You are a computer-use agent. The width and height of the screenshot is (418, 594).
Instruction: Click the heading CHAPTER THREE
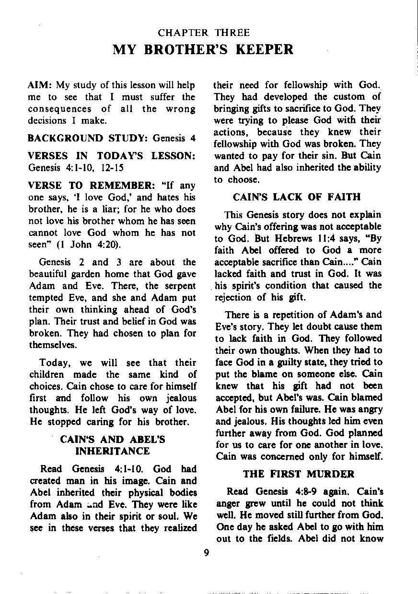[204, 33]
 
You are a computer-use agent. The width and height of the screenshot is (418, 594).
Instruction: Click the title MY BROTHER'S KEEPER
[203, 49]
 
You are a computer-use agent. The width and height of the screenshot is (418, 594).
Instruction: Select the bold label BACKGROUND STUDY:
[89, 139]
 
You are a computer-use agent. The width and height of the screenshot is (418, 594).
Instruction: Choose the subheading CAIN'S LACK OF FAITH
[296, 197]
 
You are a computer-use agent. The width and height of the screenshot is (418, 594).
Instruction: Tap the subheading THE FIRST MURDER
[299, 474]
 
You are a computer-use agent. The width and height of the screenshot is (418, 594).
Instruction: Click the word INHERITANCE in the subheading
[113, 451]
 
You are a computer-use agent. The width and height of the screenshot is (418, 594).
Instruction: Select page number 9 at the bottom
[206, 553]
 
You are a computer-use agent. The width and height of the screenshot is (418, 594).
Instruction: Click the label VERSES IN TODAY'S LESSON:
[112, 156]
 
